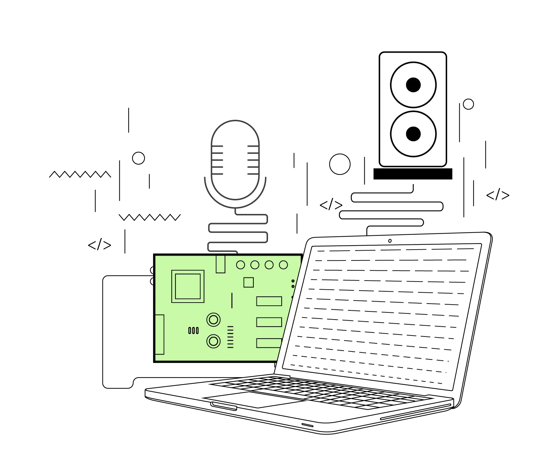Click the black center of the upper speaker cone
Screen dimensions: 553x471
[x=413, y=85]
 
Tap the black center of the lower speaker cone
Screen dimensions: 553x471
[x=413, y=134]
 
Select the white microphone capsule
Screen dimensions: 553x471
[x=235, y=160]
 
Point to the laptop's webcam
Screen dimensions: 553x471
[x=390, y=241]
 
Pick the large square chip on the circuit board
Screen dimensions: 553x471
[x=188, y=286]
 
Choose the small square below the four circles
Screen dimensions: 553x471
[x=249, y=282]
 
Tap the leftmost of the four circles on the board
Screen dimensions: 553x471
[x=241, y=265]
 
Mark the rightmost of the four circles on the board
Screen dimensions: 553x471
[x=283, y=265]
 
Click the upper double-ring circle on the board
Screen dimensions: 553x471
[x=213, y=320]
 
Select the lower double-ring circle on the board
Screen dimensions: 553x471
[x=213, y=341]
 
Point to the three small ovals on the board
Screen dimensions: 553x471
[x=193, y=330]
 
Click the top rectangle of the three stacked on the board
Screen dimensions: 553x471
[x=269, y=301]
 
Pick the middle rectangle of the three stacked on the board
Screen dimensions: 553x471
[x=269, y=322]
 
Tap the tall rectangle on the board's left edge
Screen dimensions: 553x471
[x=160, y=334]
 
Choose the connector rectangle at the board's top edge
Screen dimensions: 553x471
[x=221, y=264]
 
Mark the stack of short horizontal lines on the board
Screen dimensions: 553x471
[x=230, y=337]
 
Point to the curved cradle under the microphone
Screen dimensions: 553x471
[x=235, y=202]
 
